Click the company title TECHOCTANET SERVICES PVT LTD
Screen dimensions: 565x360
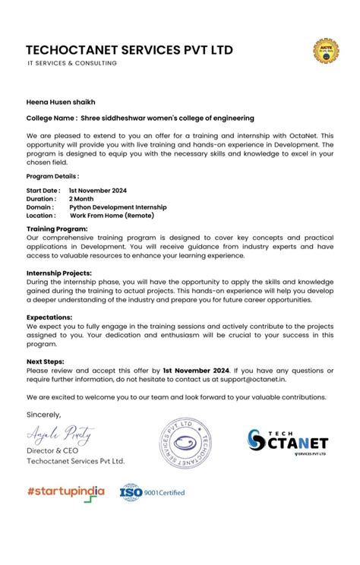tap(129, 50)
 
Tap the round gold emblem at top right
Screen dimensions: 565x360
tap(326, 51)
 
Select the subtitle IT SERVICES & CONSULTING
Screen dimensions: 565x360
tap(73, 64)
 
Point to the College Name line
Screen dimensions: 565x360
tap(140, 118)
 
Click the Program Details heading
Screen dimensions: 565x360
tap(52, 176)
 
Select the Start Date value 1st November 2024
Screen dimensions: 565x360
tap(97, 191)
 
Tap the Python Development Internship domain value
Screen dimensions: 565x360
tap(118, 207)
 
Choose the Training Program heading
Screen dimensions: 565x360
tap(57, 229)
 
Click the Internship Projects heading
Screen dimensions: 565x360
tap(59, 272)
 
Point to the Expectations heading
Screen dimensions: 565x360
tap(50, 316)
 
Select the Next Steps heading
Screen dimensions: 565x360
tap(46, 361)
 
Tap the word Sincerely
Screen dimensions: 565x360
tap(43, 415)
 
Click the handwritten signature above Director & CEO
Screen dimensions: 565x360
tap(60, 434)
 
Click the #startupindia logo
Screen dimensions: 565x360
tap(65, 491)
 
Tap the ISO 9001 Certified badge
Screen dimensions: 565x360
tap(152, 492)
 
